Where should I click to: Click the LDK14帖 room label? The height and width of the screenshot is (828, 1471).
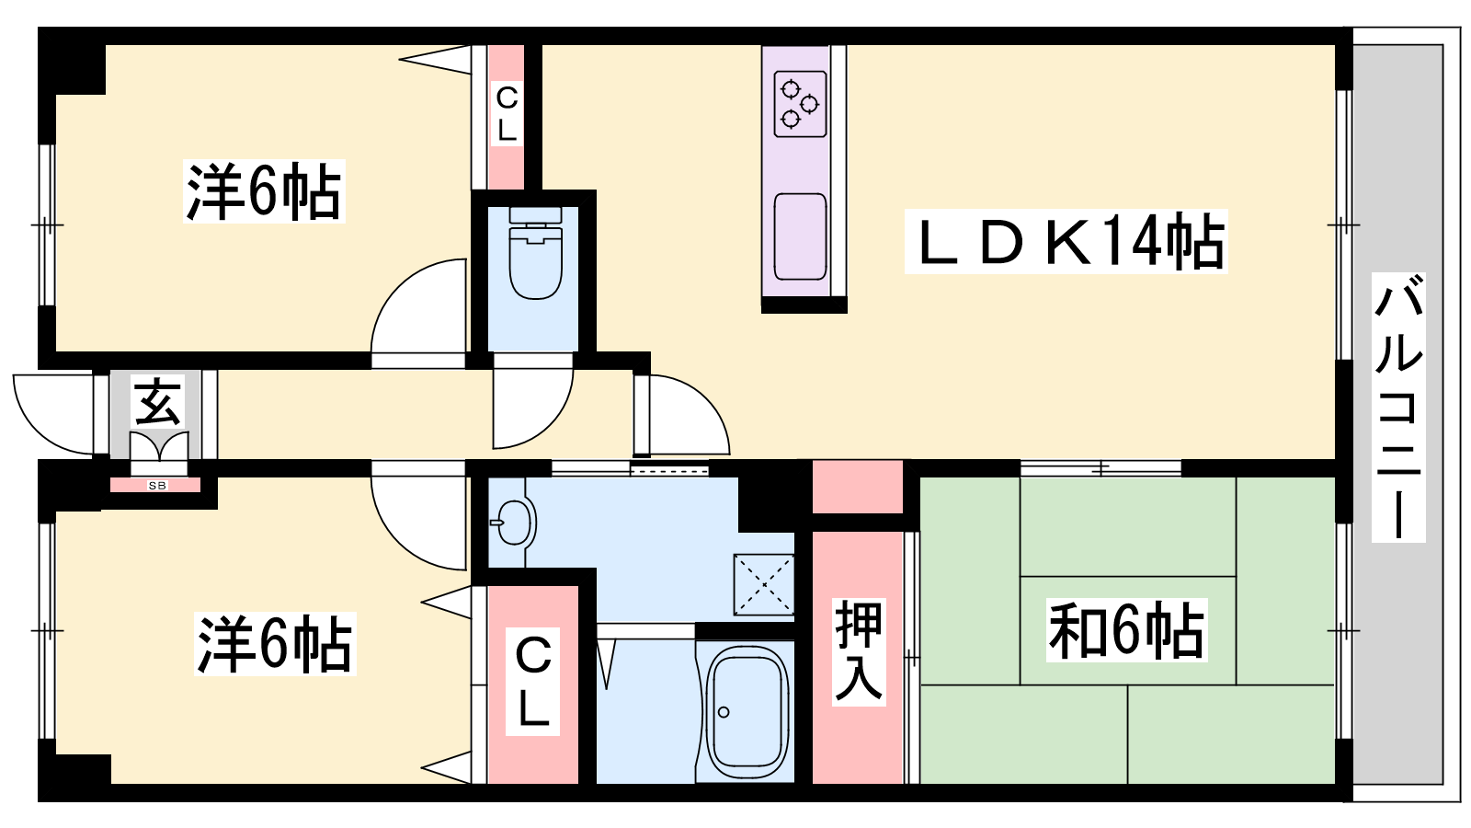tap(1066, 242)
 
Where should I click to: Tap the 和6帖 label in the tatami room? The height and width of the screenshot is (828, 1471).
tap(1126, 631)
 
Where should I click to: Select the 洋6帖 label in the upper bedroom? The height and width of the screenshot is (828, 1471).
tap(264, 191)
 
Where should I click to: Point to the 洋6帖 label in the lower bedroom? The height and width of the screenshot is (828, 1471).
tap(275, 644)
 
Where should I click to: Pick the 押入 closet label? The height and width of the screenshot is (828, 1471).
tap(858, 651)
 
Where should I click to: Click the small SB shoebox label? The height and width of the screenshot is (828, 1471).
tap(157, 485)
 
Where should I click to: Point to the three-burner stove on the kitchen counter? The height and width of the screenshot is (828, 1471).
tap(799, 104)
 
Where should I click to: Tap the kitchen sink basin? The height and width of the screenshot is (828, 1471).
tap(800, 236)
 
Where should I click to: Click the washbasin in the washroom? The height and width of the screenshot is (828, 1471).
tap(511, 525)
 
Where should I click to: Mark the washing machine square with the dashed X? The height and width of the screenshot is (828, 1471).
tap(763, 584)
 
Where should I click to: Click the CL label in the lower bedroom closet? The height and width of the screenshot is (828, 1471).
tap(533, 681)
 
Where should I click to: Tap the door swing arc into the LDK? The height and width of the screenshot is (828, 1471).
tap(685, 414)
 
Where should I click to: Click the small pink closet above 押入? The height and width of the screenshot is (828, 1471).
tap(857, 487)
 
